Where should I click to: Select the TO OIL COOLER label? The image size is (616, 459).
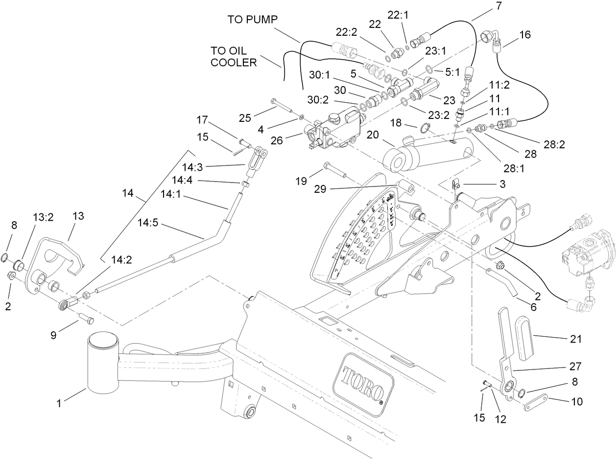[x=234, y=56]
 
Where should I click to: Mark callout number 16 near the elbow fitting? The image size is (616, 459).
[x=524, y=35]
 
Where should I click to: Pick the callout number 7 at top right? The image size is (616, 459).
[x=484, y=6]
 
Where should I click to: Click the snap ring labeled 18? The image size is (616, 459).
[x=424, y=128]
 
